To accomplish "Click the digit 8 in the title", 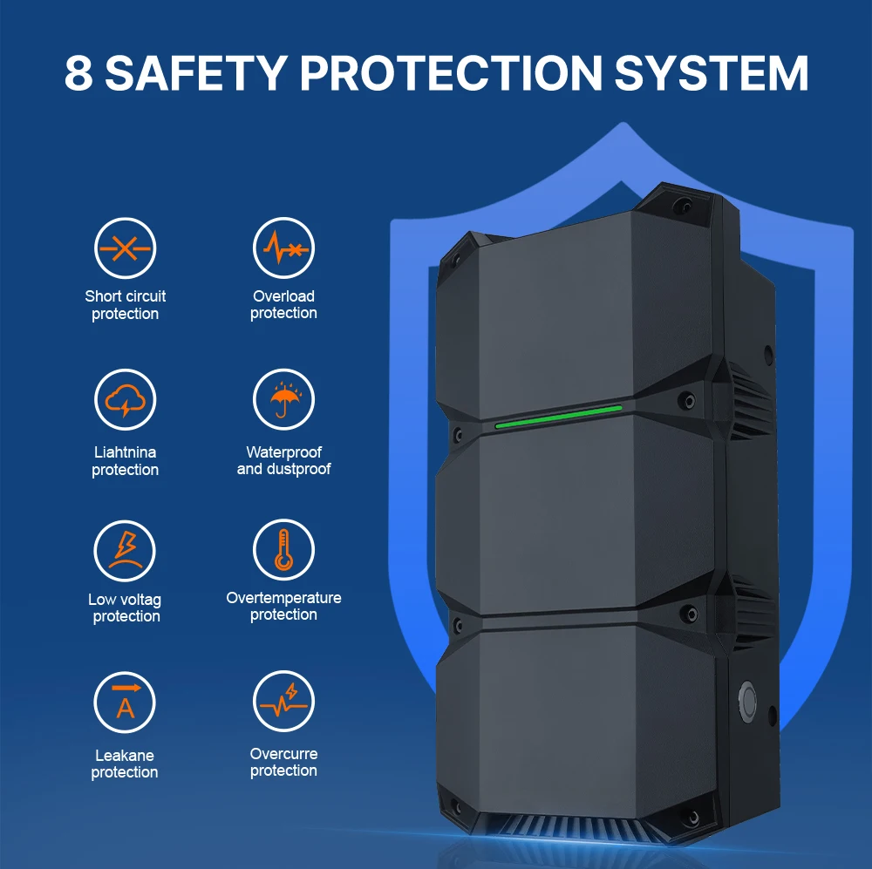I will (x=78, y=74).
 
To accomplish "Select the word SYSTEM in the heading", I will (x=712, y=74).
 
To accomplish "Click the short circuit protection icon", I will (x=125, y=248).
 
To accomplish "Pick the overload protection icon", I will (x=283, y=248).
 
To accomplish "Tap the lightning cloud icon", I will (x=125, y=400).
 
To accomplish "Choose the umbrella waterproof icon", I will (x=283, y=400).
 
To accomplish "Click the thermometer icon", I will (x=283, y=551).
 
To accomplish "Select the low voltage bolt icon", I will (x=125, y=551).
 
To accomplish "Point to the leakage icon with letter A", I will (x=125, y=703).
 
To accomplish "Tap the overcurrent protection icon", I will (x=283, y=703).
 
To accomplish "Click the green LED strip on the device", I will (x=558, y=417).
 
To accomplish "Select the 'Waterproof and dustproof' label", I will (x=283, y=461).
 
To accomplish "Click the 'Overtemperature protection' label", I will (x=283, y=607).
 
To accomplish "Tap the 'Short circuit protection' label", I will (x=125, y=305).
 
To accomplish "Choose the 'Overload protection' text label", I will (x=283, y=305).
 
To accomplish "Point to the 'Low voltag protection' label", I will (x=125, y=608).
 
